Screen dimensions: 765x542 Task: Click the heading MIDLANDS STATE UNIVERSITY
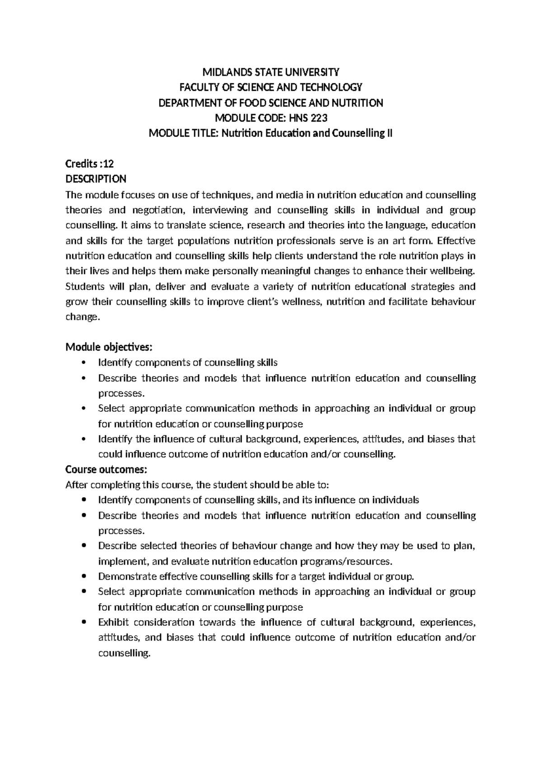click(x=271, y=72)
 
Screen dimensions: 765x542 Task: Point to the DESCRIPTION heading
click(x=96, y=180)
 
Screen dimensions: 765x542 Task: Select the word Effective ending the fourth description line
click(x=456, y=240)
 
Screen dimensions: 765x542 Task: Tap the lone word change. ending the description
click(x=82, y=317)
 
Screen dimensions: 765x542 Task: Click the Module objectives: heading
click(x=109, y=347)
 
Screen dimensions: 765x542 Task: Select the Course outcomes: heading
click(x=106, y=470)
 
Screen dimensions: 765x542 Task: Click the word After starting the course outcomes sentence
click(x=76, y=485)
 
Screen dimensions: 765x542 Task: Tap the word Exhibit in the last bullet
click(x=113, y=622)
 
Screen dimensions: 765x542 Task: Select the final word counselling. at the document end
click(x=124, y=653)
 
